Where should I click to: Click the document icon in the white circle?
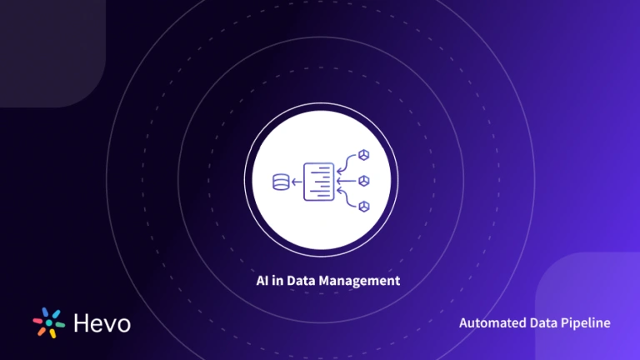click(x=319, y=180)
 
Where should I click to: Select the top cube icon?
click(x=363, y=156)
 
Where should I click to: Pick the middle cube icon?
click(x=363, y=180)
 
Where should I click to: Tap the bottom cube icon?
click(x=363, y=205)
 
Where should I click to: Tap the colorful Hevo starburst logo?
click(x=49, y=322)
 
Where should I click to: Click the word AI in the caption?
click(x=262, y=281)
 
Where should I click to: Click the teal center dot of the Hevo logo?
click(x=49, y=322)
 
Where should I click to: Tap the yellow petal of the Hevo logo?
click(x=53, y=333)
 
